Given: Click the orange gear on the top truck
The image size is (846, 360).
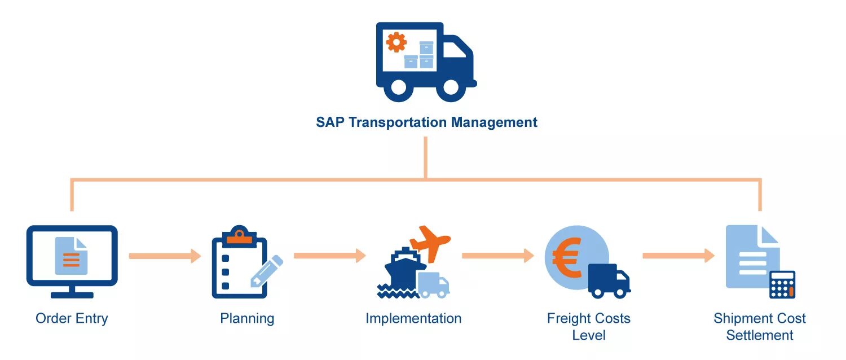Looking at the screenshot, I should pyautogui.click(x=396, y=42).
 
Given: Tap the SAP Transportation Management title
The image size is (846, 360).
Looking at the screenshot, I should pyautogui.click(x=426, y=122).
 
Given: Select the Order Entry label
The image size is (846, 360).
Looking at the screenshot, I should pyautogui.click(x=72, y=318).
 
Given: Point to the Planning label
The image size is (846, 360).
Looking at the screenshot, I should pyautogui.click(x=247, y=318).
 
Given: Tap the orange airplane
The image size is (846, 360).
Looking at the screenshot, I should pyautogui.click(x=430, y=242).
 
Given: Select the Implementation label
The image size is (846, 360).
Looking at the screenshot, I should pyautogui.click(x=413, y=318).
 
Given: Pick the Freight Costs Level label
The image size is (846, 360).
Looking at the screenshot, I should pyautogui.click(x=588, y=326).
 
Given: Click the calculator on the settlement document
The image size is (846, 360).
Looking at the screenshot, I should pyautogui.click(x=782, y=284).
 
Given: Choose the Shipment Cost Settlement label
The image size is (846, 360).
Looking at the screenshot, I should pyautogui.click(x=760, y=326).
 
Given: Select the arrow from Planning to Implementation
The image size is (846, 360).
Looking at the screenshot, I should pyautogui.click(x=330, y=256).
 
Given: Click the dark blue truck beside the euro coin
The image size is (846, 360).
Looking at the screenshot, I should pyautogui.click(x=609, y=280).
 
